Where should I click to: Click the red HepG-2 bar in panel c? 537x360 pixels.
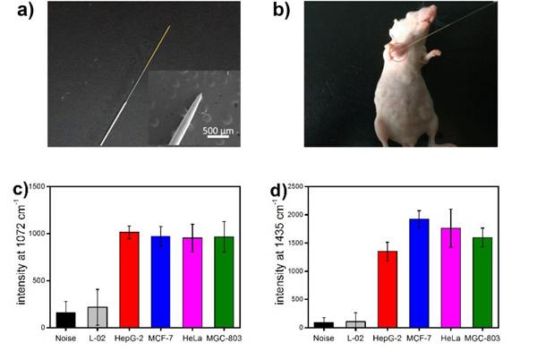(129, 279)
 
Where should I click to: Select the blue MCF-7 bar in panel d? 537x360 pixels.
(419, 273)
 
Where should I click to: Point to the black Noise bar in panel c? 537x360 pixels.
(65, 320)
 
